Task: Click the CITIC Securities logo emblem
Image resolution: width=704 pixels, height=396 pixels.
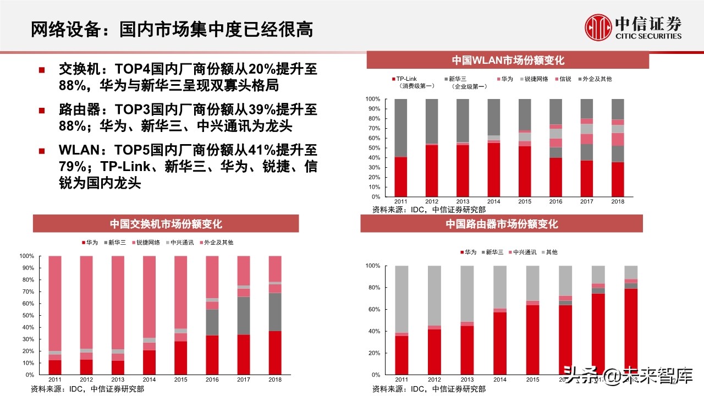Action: (598, 28)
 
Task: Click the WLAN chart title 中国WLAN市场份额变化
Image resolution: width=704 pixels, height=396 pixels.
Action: (508, 61)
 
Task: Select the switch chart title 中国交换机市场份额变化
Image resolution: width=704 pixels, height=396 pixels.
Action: (166, 224)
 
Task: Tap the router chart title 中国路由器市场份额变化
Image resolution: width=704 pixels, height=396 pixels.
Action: (502, 224)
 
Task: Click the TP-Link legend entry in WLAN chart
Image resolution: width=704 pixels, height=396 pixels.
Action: (406, 79)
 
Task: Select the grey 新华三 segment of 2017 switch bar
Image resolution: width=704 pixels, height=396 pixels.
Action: (243, 315)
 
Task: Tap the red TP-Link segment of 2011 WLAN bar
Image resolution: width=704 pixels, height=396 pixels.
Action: (400, 177)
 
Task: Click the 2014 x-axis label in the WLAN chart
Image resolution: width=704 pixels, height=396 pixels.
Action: (493, 202)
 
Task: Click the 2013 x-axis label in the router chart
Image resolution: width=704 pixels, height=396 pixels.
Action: (467, 380)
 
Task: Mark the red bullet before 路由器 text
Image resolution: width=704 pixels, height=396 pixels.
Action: (42, 111)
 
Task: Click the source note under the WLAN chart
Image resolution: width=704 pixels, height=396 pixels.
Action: (429, 210)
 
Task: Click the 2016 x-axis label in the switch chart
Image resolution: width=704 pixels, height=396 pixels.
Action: (212, 380)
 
